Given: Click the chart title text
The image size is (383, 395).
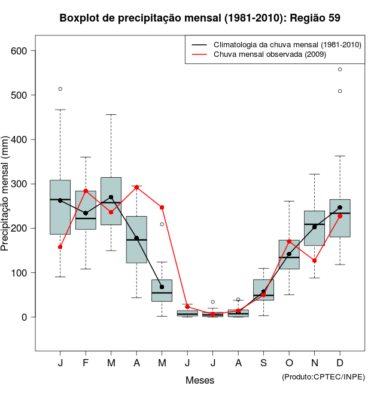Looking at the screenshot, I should click(x=200, y=18).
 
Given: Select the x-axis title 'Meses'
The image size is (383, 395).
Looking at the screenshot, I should click(x=200, y=380).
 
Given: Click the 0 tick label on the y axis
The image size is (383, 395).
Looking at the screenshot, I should click(x=25, y=317).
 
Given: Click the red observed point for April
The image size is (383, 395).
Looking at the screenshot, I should click(x=136, y=187).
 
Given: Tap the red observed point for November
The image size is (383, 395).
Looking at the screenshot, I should click(x=314, y=260).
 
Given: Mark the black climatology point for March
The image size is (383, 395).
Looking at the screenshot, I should click(x=111, y=197).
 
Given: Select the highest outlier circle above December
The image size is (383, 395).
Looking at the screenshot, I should click(x=340, y=69).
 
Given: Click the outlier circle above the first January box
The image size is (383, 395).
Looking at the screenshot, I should click(x=60, y=89).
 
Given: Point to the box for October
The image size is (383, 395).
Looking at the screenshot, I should click(x=289, y=254).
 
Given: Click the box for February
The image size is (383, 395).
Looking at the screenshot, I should click(x=86, y=210).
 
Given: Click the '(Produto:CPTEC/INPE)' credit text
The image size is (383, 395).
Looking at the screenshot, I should click(x=323, y=376).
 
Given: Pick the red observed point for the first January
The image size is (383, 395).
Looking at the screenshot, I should click(x=60, y=247).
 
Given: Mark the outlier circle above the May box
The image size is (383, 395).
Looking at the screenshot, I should click(x=162, y=224).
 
